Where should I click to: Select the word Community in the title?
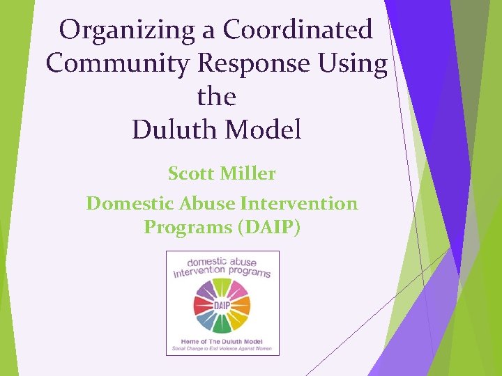(x=119, y=63)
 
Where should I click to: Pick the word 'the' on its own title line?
(x=216, y=96)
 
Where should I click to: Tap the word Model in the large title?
(x=268, y=130)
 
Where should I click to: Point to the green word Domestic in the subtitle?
(x=130, y=203)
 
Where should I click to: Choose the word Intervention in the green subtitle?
(x=298, y=203)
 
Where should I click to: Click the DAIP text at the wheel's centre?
(x=222, y=306)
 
